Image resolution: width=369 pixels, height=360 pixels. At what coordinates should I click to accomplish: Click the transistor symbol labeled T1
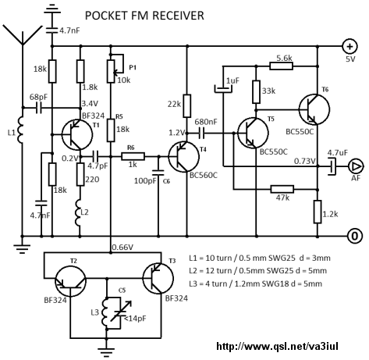tap(77, 134)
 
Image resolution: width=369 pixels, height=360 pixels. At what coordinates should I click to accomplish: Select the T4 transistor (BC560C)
tap(184, 157)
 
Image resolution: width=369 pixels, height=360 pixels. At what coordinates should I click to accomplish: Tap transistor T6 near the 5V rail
tap(314, 109)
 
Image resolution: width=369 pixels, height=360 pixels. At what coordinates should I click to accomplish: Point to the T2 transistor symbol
tap(70, 282)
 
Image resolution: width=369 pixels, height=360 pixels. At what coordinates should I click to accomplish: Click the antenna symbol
tap(23, 35)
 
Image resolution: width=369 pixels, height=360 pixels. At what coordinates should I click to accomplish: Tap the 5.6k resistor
tap(282, 66)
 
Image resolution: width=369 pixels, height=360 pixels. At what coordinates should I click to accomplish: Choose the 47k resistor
tap(282, 189)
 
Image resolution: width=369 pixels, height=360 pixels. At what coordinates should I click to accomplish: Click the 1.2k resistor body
tap(318, 212)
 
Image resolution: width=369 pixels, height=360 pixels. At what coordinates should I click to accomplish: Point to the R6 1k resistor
tap(133, 156)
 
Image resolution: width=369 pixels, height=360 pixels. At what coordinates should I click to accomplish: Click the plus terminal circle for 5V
tap(350, 46)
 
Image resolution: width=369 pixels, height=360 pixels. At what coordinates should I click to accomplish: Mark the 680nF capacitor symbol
tap(202, 134)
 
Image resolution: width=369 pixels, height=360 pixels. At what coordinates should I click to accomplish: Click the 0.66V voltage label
tap(122, 247)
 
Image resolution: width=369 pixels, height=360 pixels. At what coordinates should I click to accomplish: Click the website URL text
tap(277, 346)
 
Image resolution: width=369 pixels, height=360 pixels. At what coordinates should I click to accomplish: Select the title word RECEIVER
tap(178, 16)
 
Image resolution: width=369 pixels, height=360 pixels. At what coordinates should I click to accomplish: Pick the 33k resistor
tap(256, 91)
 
